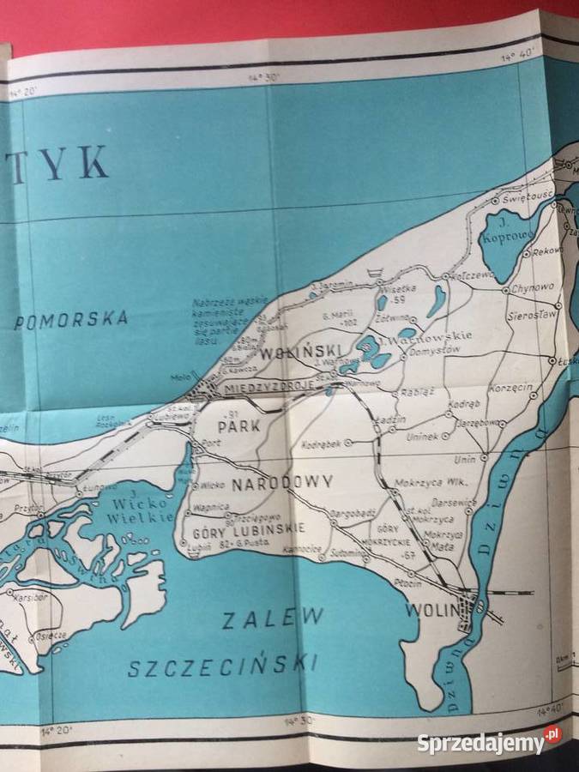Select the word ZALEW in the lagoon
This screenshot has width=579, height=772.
pos(273,618)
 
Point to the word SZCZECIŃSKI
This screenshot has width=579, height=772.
pos(222,665)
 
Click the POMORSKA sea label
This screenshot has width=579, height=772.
pos(71,320)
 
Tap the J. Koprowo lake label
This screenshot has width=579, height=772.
pos(502,229)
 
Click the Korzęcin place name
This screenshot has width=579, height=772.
pos(510,388)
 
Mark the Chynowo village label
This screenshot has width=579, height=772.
pos(534,288)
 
